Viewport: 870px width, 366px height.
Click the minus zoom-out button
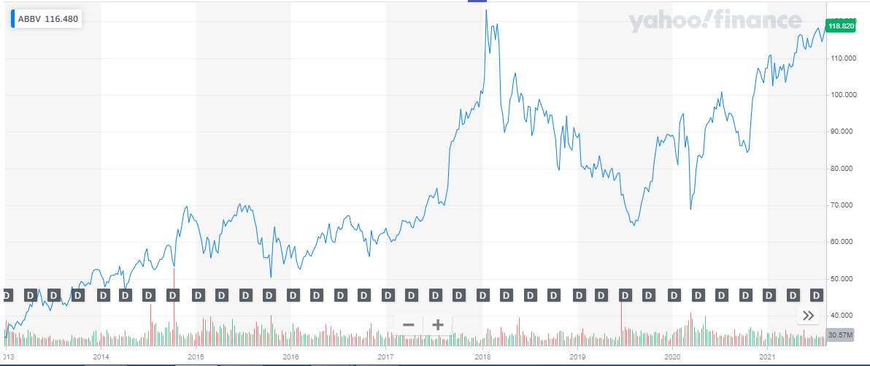pos(409,324)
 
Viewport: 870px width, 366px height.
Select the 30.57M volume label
pos(837,335)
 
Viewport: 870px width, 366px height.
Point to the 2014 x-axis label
pos(101,357)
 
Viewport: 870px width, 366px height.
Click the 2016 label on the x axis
pos(291,357)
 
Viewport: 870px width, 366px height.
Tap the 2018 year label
pos(482,357)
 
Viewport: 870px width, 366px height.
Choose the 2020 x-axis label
pos(672,357)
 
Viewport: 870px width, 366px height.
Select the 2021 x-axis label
pos(767,357)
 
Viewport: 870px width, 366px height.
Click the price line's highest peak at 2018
pos(486,9)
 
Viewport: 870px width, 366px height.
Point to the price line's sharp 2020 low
pos(690,209)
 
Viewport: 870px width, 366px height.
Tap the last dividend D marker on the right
pos(817,295)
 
